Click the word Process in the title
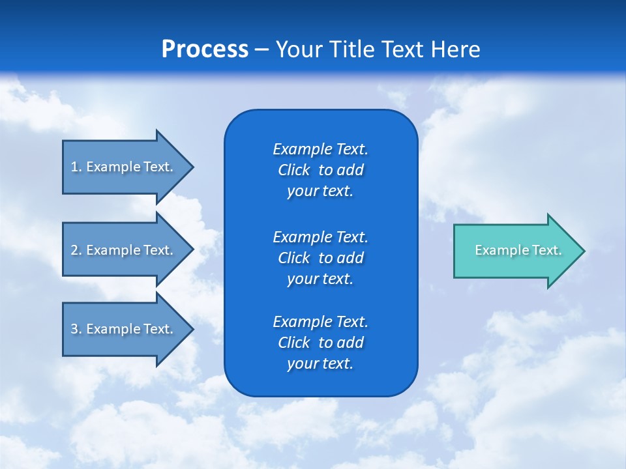click(x=205, y=50)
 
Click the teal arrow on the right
click(x=515, y=250)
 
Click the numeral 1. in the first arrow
click(x=76, y=167)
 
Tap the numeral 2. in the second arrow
click(x=76, y=250)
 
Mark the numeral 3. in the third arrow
click(x=76, y=329)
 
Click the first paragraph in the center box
click(x=320, y=170)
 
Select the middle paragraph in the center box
click(x=320, y=258)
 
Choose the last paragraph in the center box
click(x=320, y=343)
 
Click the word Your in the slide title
click(x=297, y=50)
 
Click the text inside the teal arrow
click(x=518, y=250)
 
